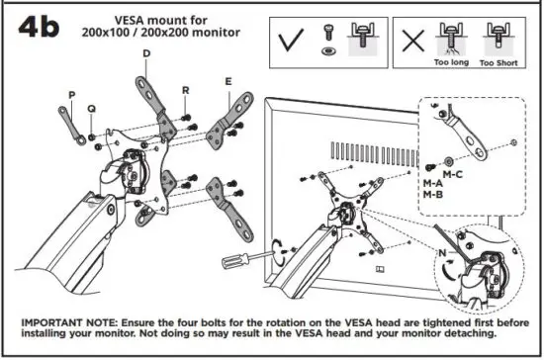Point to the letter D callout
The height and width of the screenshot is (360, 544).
point(145,52)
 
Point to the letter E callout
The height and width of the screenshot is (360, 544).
point(228,81)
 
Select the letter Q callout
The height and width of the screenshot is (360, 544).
point(91,109)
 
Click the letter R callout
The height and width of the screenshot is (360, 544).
point(185,89)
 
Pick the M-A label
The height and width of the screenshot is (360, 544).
point(432,184)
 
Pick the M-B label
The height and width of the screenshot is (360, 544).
point(432,195)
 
